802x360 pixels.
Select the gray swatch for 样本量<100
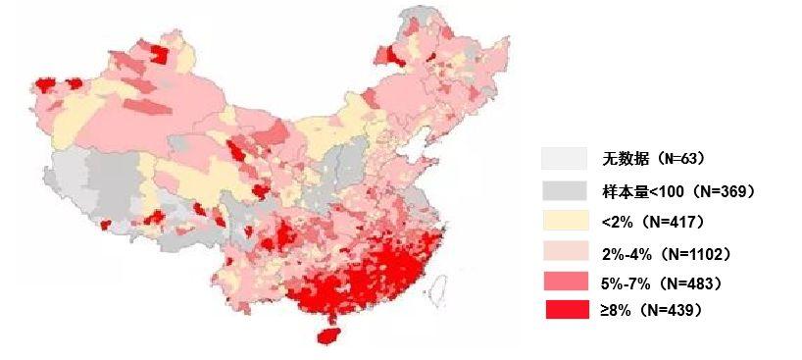coord(564,190)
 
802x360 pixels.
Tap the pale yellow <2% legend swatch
coord(564,221)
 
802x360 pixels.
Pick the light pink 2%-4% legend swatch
coord(564,252)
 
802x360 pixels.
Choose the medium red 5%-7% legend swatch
coord(564,283)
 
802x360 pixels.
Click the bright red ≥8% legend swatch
coord(564,310)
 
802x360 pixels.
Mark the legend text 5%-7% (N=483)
coord(662,283)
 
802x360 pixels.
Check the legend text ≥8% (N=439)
coord(652,310)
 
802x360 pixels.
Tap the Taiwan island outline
coord(440,285)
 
